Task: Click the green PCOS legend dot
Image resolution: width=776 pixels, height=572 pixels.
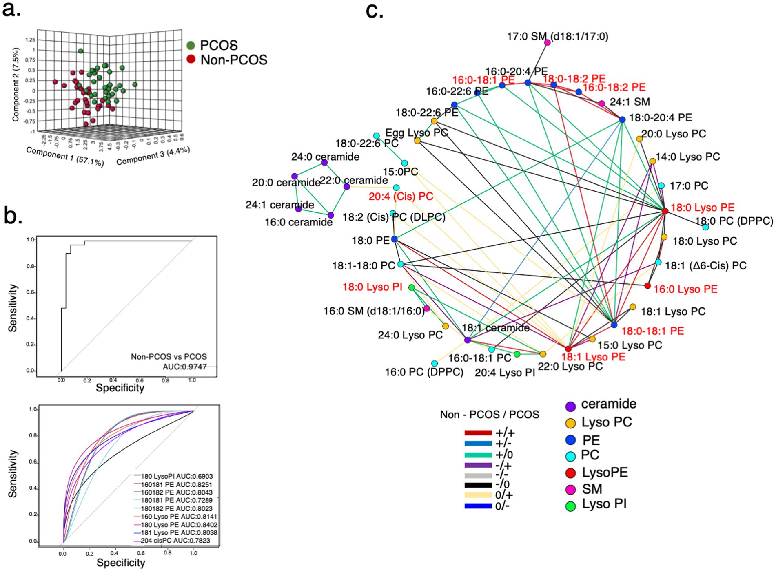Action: coord(191,45)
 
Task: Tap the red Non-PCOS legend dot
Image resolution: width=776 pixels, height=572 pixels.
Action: coord(191,60)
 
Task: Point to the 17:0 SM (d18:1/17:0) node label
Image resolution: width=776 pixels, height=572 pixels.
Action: coord(557,37)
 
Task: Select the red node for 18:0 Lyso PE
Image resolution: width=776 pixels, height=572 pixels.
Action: coord(665,211)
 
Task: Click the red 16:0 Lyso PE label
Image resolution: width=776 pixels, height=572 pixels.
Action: coord(685,289)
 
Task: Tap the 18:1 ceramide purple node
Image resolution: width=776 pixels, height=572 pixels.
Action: coord(468,340)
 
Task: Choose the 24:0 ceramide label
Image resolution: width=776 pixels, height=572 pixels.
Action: coord(325,157)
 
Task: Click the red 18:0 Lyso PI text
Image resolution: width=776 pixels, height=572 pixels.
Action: coord(372,287)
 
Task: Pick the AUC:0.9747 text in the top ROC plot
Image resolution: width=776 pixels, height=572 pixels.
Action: coord(184,367)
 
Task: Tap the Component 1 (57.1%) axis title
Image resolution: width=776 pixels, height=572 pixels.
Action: coord(65,157)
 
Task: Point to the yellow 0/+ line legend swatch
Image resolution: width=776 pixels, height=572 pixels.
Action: coord(478,495)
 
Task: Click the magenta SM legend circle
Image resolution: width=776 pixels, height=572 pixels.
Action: coord(570,489)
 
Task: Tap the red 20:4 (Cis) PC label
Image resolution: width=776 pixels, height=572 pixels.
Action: coord(401,197)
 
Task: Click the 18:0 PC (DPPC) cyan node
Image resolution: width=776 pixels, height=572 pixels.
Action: coord(705,227)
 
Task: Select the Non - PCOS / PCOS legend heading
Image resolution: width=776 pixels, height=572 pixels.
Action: coord(489,415)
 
